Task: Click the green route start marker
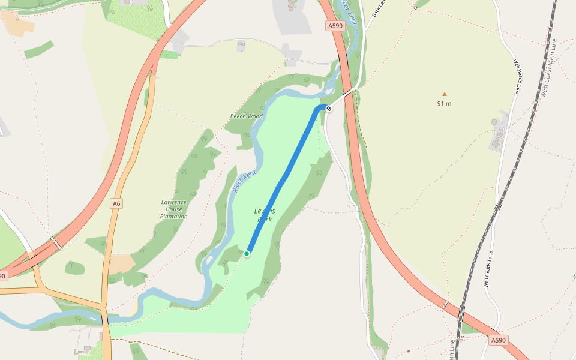[x=247, y=254]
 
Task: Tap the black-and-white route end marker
[x=329, y=108]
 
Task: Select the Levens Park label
[x=265, y=215]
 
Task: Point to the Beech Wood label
[x=247, y=116]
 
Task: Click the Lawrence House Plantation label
[x=174, y=209]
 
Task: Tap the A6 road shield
[x=116, y=204]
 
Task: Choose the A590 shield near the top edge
[x=335, y=26]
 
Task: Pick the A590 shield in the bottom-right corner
[x=498, y=340]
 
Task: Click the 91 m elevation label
[x=444, y=103]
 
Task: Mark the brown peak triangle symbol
[x=445, y=94]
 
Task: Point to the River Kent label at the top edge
[x=349, y=12]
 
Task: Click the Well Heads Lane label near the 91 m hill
[x=517, y=77]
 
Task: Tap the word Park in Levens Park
[x=265, y=220]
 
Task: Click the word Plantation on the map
[x=174, y=216]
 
